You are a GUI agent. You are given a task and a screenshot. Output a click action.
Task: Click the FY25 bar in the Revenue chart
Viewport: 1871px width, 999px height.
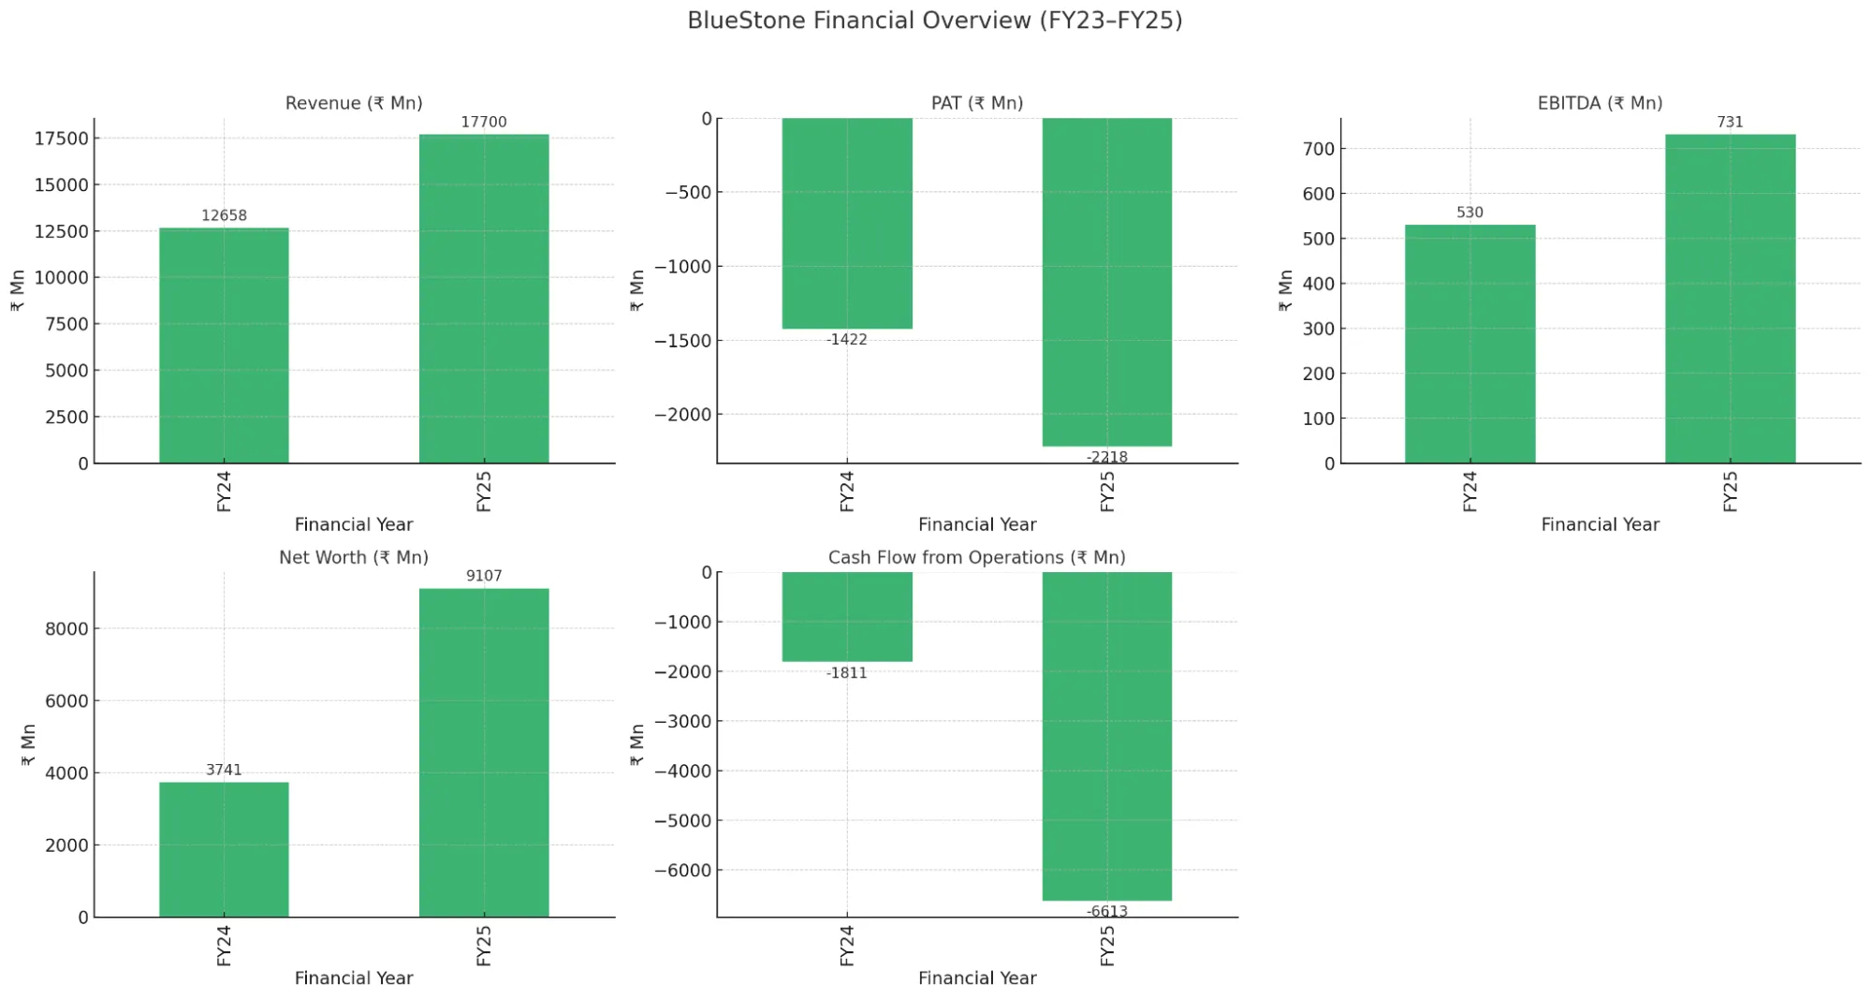(x=483, y=299)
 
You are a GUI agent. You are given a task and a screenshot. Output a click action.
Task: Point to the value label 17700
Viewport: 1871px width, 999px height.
(x=483, y=122)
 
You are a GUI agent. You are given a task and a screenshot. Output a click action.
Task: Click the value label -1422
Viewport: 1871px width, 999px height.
(x=846, y=339)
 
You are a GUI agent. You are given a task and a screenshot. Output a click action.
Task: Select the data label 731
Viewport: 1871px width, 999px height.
(x=1730, y=122)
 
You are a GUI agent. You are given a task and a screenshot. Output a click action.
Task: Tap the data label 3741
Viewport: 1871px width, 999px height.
(x=224, y=770)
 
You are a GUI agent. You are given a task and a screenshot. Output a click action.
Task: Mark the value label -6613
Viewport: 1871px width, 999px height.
(x=1106, y=911)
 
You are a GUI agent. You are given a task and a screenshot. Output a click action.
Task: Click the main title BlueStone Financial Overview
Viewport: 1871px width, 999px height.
(x=934, y=21)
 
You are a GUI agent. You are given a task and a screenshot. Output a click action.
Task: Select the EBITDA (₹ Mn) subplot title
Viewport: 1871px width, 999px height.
(x=1600, y=103)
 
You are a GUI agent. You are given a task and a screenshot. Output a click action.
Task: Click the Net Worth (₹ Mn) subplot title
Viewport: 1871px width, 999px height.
(x=354, y=557)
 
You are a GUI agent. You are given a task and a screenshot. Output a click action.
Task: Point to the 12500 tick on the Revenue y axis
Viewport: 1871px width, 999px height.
(x=61, y=231)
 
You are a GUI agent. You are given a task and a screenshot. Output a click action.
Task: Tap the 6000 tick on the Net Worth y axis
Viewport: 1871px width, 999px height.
(x=66, y=701)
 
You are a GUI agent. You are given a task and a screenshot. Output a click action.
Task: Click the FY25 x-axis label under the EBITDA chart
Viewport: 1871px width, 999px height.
(x=1730, y=492)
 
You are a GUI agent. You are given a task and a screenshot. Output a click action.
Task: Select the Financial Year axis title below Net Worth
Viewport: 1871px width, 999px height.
(x=354, y=977)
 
